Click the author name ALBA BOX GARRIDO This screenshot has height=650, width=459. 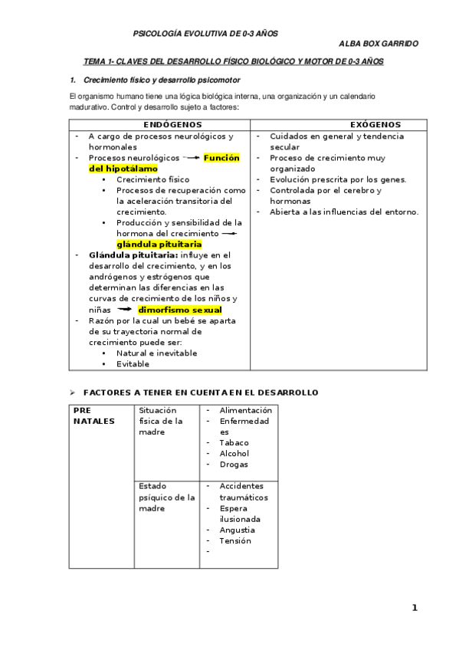378,44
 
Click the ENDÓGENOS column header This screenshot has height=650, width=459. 172,124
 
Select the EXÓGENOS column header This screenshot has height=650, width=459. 375,124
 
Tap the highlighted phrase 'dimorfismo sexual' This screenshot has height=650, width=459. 179,310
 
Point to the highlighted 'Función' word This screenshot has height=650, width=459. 221,158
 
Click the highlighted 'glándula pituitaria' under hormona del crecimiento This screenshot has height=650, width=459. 159,245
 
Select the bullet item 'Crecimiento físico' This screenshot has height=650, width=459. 152,179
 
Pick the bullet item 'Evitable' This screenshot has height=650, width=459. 133,364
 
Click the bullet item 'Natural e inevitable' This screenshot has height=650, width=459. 156,353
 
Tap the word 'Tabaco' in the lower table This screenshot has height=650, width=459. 234,443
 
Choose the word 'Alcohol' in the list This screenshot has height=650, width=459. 234,454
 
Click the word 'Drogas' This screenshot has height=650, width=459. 234,465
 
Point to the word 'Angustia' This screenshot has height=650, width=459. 237,530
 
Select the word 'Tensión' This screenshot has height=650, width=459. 234,540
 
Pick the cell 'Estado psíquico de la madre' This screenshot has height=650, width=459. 166,497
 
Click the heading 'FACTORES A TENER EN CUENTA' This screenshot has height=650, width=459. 200,392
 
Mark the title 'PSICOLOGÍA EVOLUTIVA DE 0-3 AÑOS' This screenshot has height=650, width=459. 206,34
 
